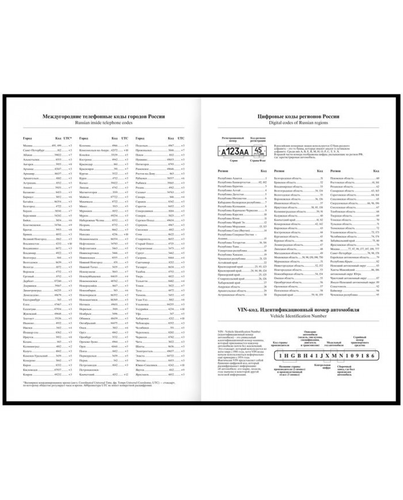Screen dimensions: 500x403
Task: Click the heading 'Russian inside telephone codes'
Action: tap(101, 122)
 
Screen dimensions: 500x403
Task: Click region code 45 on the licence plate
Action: tap(260, 150)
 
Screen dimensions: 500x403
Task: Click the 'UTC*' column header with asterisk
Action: tap(67, 138)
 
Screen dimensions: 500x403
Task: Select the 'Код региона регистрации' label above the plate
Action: tap(260, 139)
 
